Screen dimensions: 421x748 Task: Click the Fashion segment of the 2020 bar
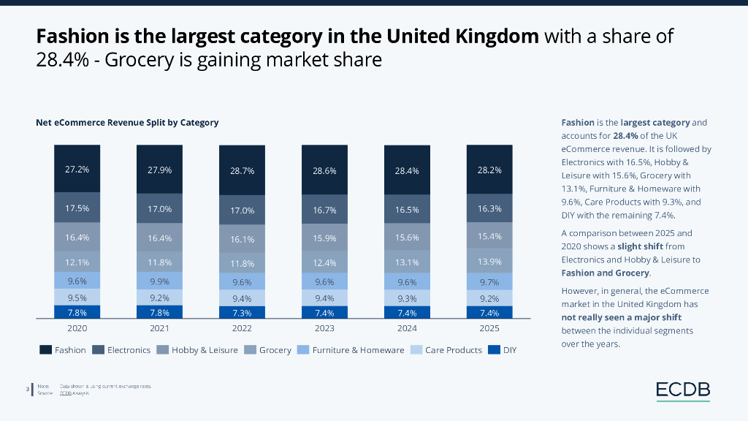(77, 169)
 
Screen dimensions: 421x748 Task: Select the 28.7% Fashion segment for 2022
(242, 170)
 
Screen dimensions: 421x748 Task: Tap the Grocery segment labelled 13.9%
(489, 261)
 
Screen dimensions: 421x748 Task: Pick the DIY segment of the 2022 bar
(242, 312)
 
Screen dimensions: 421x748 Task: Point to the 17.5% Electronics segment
(77, 208)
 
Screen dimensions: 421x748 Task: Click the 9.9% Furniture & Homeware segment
(159, 281)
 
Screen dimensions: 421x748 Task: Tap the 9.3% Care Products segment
(407, 297)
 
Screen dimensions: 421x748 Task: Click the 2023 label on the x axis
(324, 329)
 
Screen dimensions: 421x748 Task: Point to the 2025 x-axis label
(489, 329)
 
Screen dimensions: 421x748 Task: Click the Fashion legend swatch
(45, 350)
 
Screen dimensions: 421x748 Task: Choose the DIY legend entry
(503, 350)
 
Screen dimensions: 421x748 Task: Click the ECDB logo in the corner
(682, 390)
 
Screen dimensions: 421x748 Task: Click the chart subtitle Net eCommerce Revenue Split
(127, 122)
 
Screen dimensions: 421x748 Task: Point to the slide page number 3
(27, 389)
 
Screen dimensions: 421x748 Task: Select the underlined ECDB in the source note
(65, 393)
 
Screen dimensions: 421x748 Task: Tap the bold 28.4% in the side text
(627, 136)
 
